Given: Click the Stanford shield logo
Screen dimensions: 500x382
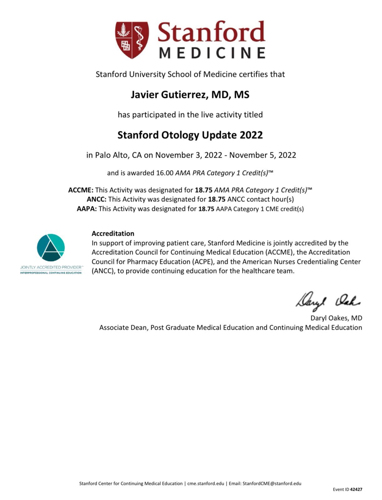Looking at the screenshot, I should [x=132, y=40].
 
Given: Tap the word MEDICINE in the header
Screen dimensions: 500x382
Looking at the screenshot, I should [x=212, y=53].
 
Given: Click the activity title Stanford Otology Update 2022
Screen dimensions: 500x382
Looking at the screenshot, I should [x=190, y=135].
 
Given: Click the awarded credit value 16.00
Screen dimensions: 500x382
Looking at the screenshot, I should [x=165, y=173].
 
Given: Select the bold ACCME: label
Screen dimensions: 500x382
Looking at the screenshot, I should [x=81, y=190].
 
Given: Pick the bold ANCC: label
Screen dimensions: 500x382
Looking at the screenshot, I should [x=97, y=199].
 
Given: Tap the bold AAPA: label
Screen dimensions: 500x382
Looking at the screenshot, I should [x=87, y=209].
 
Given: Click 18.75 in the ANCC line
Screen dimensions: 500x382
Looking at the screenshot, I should [x=217, y=199].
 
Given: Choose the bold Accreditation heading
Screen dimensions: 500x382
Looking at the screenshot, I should [x=113, y=233].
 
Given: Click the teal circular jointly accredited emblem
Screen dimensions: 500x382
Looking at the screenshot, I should [x=51, y=247].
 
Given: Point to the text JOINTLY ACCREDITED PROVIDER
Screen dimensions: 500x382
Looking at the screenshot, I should [x=51, y=267].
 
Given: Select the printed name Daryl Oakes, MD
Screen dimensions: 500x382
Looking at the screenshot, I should [x=336, y=318].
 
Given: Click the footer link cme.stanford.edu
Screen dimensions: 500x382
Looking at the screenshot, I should [x=206, y=483].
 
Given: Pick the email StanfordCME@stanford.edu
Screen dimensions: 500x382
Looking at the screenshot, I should [x=272, y=483].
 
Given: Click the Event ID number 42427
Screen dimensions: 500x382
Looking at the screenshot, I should [x=356, y=489].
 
